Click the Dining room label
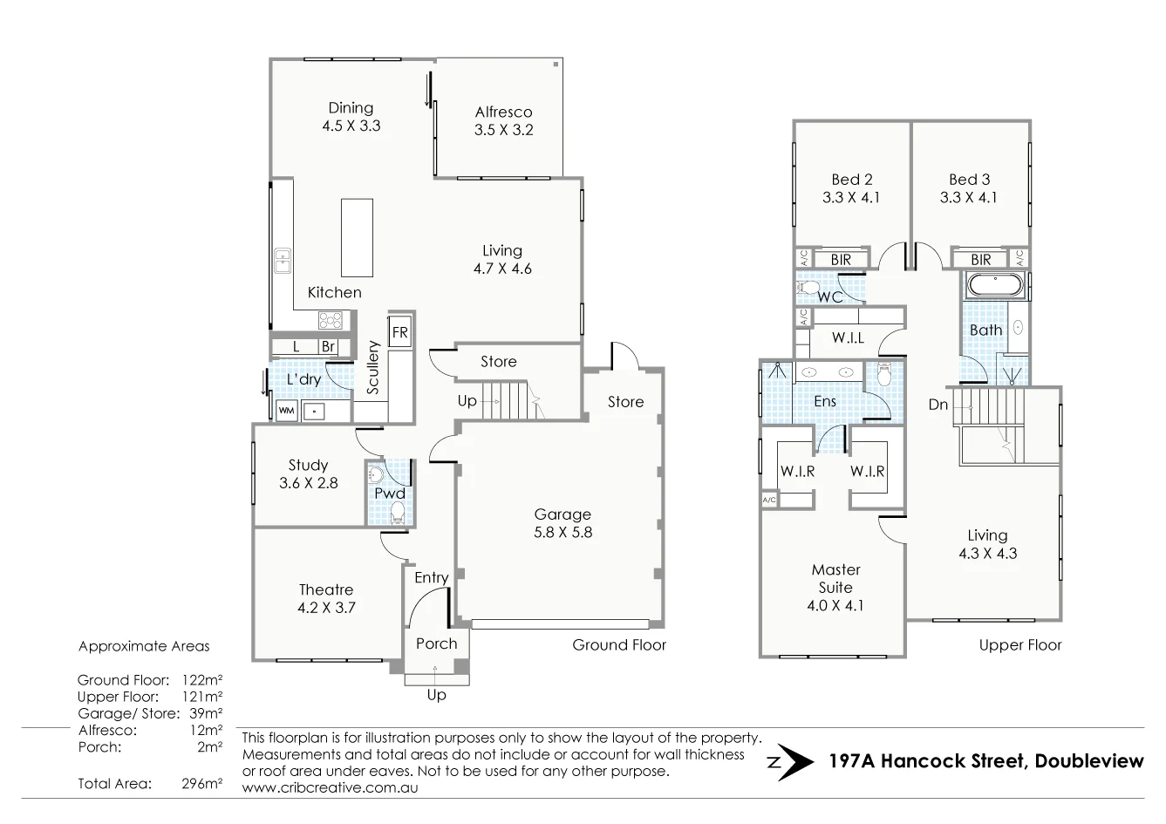(x=351, y=117)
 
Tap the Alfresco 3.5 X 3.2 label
(x=503, y=121)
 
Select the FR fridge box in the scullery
(x=399, y=332)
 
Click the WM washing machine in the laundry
(x=286, y=409)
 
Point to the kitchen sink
(x=283, y=260)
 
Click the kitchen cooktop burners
(x=331, y=320)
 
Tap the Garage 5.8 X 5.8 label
(x=563, y=523)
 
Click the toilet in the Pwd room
(x=398, y=512)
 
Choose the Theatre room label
(x=326, y=599)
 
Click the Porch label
(x=436, y=644)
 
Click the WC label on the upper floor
(x=829, y=296)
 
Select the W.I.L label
(x=848, y=337)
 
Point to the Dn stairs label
(x=938, y=405)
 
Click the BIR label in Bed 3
(x=980, y=260)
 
